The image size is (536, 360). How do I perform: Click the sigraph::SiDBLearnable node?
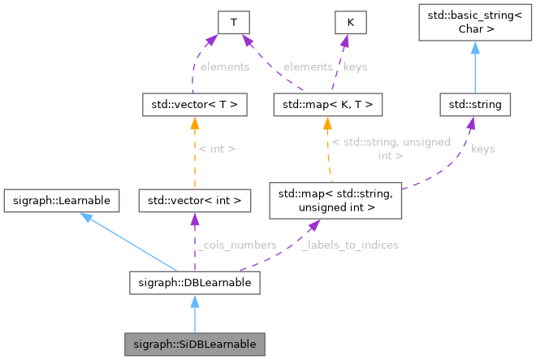pos(194,344)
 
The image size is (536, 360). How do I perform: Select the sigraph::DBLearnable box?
pos(194,283)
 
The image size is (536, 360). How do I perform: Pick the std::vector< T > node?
pos(194,105)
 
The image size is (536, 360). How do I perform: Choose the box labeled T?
pos(234,23)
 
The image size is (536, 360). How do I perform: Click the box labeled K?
pos(350,23)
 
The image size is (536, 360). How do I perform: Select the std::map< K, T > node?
pos(326,105)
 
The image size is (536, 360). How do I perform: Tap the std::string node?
pos(475,105)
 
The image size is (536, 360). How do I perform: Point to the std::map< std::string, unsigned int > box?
pos(335,202)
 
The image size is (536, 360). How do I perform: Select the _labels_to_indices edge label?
pos(349,245)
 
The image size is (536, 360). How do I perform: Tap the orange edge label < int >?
pos(217,149)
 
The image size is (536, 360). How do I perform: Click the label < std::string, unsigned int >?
pos(391,148)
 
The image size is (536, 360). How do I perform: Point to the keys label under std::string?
pos(482,149)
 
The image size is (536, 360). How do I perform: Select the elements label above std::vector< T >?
pos(223,66)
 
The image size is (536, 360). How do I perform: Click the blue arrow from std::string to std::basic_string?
pos(475,69)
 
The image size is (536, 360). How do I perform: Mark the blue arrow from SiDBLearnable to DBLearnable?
pos(194,314)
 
